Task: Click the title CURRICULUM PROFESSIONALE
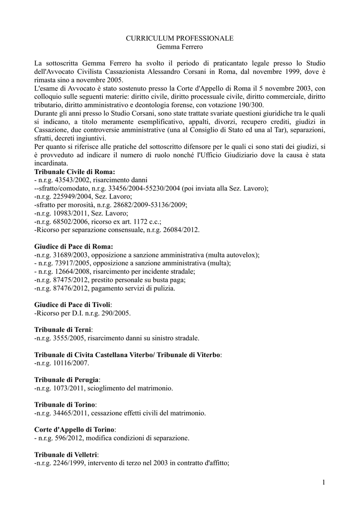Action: [x=179, y=38]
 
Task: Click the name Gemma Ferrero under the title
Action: [x=179, y=47]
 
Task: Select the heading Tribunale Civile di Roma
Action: [x=74, y=171]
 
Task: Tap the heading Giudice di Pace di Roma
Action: [x=73, y=247]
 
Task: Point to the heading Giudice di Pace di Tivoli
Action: [x=72, y=305]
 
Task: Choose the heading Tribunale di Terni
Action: [x=63, y=329]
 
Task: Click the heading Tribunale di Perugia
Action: [x=67, y=380]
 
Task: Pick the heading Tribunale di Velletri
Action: [x=66, y=455]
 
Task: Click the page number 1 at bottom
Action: [x=323, y=482]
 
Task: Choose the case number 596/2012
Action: [x=69, y=438]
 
